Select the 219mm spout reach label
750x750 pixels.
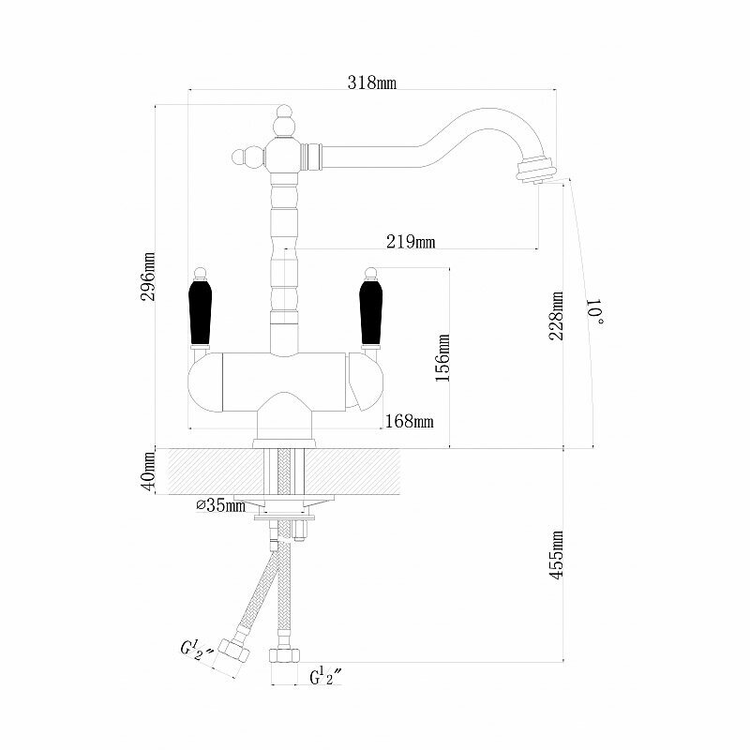(412, 242)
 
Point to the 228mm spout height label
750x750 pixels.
(558, 317)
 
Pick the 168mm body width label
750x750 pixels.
(410, 421)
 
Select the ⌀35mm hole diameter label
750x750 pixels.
(220, 506)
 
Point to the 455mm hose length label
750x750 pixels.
(558, 557)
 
